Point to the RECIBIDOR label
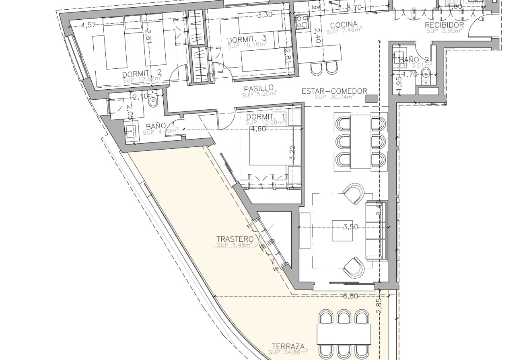(x=445, y=25)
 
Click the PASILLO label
(x=259, y=88)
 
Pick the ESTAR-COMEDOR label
(x=334, y=91)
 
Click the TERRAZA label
(x=288, y=346)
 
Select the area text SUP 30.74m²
(x=334, y=97)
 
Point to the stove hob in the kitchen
(x=302, y=22)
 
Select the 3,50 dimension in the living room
(x=350, y=227)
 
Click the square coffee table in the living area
(x=342, y=230)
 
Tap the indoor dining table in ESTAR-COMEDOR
(x=360, y=142)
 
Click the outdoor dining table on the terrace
(x=344, y=333)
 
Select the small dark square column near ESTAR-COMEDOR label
(x=374, y=98)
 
